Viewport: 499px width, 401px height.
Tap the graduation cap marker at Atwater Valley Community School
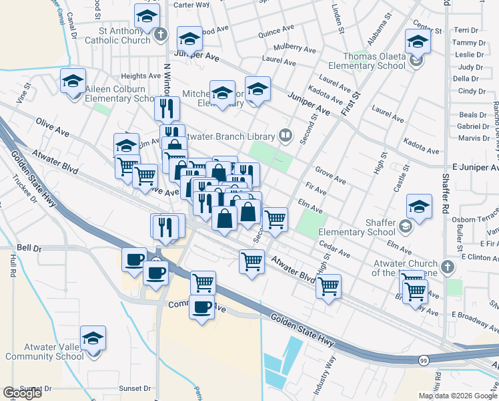click(x=93, y=339)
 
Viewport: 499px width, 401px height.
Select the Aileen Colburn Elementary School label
click(x=116, y=94)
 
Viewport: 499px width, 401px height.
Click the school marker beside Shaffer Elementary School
click(x=419, y=208)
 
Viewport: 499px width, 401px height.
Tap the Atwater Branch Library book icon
click(x=286, y=136)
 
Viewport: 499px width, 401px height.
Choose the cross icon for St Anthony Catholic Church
click(x=160, y=34)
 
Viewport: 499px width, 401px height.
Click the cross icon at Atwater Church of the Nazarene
click(x=448, y=267)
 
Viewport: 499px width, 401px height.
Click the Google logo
click(x=22, y=393)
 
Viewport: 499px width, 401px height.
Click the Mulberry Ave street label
click(x=298, y=49)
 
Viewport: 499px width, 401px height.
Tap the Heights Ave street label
click(x=137, y=77)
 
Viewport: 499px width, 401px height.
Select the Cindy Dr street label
click(x=471, y=91)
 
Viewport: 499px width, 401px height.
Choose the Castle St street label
click(x=400, y=181)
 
